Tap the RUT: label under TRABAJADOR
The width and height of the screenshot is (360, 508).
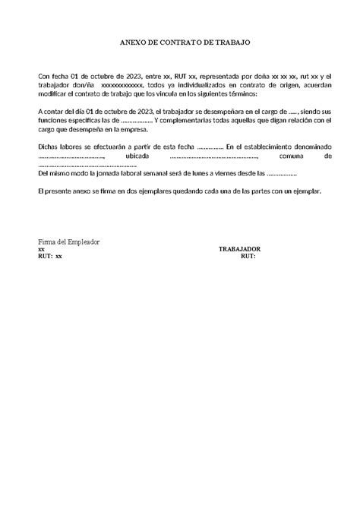coord(248,256)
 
